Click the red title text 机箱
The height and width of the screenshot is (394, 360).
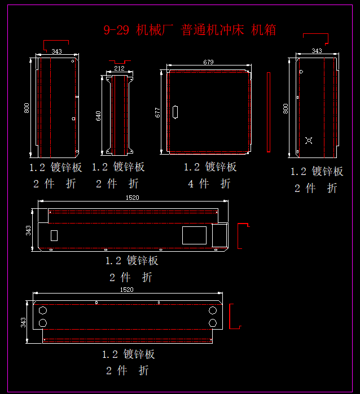click(x=264, y=30)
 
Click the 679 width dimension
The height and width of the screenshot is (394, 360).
click(x=208, y=62)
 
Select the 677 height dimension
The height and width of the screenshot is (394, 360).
click(x=157, y=112)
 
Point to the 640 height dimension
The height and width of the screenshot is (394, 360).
click(x=99, y=116)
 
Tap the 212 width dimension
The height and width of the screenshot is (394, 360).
click(x=119, y=68)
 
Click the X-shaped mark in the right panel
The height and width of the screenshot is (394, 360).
click(x=309, y=140)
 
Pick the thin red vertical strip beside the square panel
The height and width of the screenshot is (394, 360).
click(x=269, y=113)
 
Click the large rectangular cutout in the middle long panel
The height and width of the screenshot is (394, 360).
click(x=194, y=235)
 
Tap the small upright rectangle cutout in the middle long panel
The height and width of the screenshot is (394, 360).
click(x=55, y=236)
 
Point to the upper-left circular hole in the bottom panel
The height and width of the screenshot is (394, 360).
click(x=42, y=310)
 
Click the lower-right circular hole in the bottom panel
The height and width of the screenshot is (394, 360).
click(x=212, y=322)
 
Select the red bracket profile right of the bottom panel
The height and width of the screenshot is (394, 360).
click(x=235, y=316)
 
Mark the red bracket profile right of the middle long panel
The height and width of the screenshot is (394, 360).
click(x=243, y=236)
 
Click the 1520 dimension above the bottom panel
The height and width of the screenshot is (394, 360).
click(x=127, y=290)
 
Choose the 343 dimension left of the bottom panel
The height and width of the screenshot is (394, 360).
click(x=24, y=322)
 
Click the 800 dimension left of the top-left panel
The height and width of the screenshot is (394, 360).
click(x=27, y=107)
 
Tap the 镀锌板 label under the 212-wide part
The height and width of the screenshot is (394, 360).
click(x=129, y=167)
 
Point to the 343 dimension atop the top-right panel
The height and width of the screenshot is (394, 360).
click(x=317, y=51)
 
